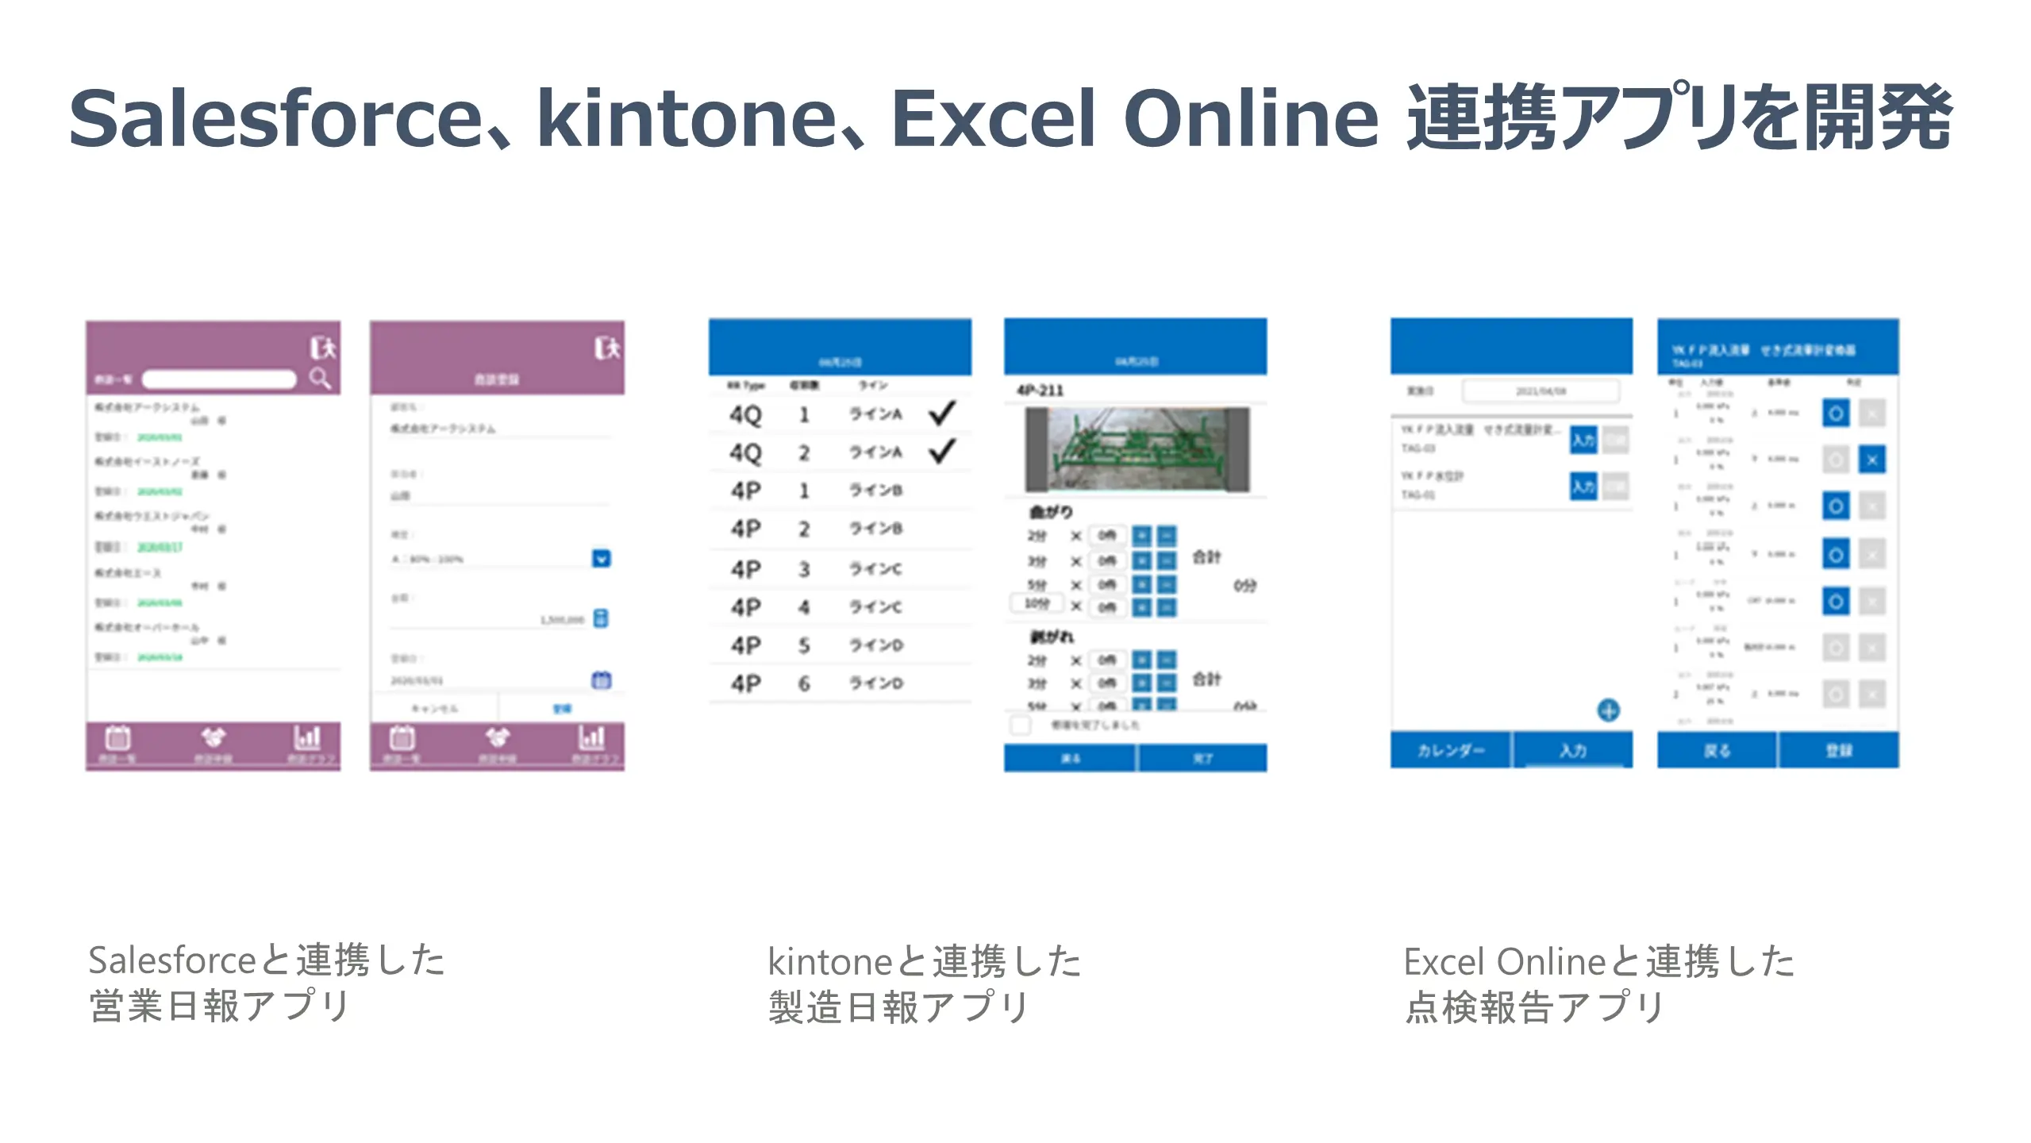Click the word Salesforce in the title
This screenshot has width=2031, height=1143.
click(x=275, y=119)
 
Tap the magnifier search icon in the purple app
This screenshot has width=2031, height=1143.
click(x=320, y=378)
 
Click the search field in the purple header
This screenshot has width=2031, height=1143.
click(x=219, y=379)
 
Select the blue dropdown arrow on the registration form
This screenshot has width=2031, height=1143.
click(x=602, y=559)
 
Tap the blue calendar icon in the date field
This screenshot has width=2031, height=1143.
click(x=602, y=680)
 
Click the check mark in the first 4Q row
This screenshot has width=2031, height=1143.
click(x=942, y=414)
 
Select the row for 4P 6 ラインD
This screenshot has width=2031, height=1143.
click(x=839, y=683)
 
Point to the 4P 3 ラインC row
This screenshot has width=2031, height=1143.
click(x=839, y=569)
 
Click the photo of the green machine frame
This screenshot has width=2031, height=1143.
click(x=1137, y=450)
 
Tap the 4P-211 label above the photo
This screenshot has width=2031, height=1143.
click(x=1040, y=391)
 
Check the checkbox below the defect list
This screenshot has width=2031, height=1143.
click(x=1021, y=725)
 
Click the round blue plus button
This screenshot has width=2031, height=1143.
click(x=1608, y=710)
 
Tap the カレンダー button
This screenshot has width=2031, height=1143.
click(x=1450, y=751)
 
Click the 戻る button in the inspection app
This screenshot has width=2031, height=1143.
click(x=1717, y=751)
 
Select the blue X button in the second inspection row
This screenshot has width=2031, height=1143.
click(x=1871, y=460)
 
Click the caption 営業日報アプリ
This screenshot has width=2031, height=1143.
click(x=219, y=1006)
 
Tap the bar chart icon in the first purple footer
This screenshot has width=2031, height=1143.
click(x=307, y=738)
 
